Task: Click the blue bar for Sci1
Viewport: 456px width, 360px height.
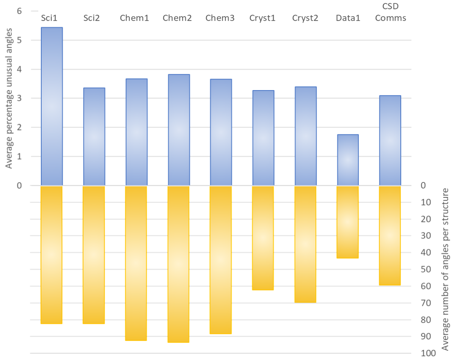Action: point(51,106)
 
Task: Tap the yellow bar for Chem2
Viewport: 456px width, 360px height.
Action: point(178,264)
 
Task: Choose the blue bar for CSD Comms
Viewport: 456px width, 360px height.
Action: point(390,140)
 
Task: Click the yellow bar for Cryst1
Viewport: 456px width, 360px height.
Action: point(263,238)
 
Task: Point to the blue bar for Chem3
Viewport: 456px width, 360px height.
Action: point(220,132)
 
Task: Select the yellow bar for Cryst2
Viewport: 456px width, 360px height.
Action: point(305,244)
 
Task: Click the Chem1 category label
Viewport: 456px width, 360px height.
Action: point(134,18)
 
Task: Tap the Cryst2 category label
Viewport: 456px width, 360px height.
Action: point(305,18)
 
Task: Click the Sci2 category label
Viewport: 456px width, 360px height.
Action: point(92,18)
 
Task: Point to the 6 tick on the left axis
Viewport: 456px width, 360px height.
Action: point(20,11)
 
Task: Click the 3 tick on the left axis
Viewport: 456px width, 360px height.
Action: point(20,98)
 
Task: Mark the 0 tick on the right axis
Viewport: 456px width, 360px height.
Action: point(423,185)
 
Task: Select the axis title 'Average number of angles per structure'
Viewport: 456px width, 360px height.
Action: point(445,270)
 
